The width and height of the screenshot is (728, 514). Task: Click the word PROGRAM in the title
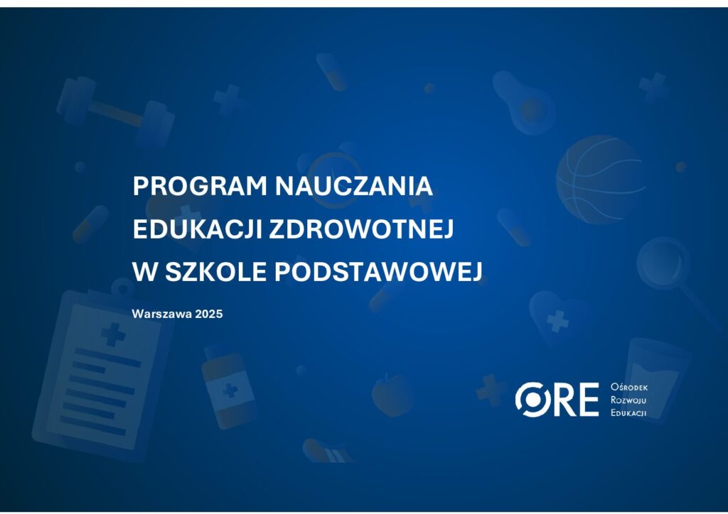(x=200, y=186)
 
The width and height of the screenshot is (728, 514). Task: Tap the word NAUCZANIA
(x=354, y=186)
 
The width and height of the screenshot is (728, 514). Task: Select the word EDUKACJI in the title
(x=197, y=229)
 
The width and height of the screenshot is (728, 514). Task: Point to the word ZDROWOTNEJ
(x=361, y=229)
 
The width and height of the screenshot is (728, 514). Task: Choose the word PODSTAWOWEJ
(x=378, y=271)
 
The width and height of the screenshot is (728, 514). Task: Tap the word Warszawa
(x=162, y=314)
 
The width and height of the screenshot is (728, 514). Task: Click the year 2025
(x=209, y=314)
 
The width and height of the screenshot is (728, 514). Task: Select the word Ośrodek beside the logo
(x=629, y=387)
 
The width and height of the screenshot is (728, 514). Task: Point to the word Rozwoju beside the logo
(x=628, y=400)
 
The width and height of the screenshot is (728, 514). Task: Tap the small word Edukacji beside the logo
(x=628, y=413)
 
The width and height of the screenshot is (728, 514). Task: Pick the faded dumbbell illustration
(x=115, y=111)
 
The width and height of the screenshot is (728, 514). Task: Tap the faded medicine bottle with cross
(x=229, y=385)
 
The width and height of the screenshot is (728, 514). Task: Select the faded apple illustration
(x=392, y=395)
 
